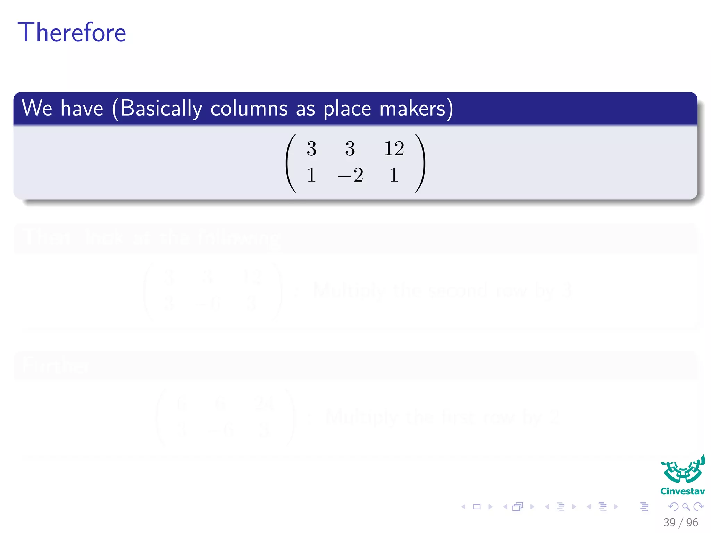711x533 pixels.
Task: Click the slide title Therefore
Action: point(72,32)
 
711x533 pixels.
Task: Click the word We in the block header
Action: point(37,108)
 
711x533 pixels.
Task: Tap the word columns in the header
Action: point(249,109)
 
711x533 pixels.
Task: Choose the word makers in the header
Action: point(412,109)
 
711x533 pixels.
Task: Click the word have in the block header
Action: point(82,108)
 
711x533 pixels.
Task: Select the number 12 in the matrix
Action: point(394,149)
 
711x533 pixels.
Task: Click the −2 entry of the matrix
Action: point(351,175)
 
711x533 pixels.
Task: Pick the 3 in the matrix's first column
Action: point(311,149)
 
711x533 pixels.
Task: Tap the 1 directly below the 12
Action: point(393,175)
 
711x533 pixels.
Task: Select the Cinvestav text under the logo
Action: point(683,491)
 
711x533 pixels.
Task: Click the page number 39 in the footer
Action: point(669,522)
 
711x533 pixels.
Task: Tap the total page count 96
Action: point(692,522)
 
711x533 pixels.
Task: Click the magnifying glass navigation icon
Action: point(686,507)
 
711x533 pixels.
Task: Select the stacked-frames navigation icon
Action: point(518,507)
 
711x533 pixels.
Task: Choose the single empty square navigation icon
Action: point(477,507)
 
